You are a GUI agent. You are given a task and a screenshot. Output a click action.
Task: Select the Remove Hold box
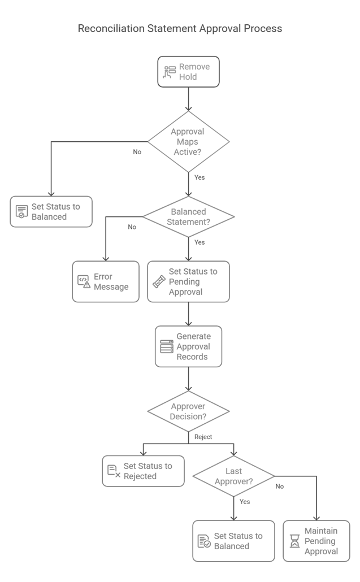[x=189, y=72]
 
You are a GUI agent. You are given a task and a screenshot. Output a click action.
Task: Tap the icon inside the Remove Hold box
[x=170, y=72]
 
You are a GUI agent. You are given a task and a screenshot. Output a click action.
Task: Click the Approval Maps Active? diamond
[x=189, y=141]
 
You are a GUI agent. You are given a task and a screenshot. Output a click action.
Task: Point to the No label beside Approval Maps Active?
[x=137, y=152]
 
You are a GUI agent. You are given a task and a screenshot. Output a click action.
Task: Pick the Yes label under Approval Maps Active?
[x=199, y=177]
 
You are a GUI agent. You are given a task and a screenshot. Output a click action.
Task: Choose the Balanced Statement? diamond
[x=189, y=217]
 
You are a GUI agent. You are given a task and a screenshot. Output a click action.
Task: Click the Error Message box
[x=106, y=281]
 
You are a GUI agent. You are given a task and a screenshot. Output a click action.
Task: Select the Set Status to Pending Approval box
[x=189, y=281]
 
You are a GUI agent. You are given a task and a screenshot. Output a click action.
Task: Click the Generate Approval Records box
[x=189, y=346]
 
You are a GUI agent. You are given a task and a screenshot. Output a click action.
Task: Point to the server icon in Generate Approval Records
[x=167, y=347]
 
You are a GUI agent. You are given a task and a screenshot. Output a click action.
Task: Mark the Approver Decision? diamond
[x=189, y=411]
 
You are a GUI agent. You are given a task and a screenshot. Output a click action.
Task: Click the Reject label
[x=203, y=437]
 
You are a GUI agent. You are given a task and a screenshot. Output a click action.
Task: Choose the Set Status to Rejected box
[x=143, y=471]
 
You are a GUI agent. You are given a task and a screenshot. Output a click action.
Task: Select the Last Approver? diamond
[x=234, y=476]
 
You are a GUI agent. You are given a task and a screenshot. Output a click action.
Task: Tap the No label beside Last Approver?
[x=280, y=487]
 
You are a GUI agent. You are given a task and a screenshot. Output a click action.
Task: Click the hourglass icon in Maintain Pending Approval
[x=294, y=541]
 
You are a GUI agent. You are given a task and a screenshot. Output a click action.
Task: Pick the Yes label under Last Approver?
[x=245, y=501]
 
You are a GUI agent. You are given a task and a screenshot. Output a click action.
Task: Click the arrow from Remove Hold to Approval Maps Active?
[x=189, y=99]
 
